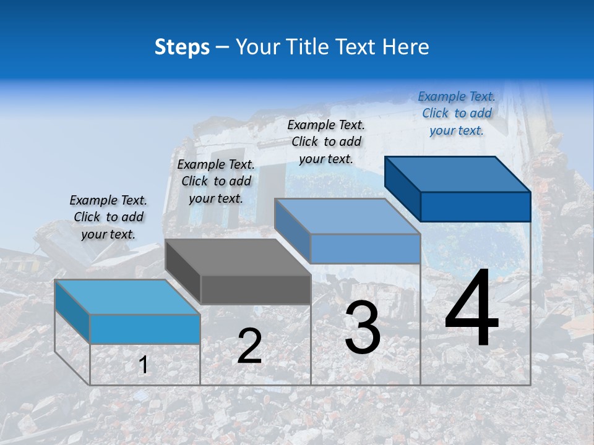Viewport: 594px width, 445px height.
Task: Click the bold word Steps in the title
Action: tap(182, 47)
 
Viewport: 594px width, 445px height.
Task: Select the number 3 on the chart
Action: tap(362, 328)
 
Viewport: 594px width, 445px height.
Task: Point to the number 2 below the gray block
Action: tap(249, 347)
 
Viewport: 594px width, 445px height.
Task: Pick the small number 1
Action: tap(143, 365)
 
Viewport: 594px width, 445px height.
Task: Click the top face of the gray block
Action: tap(238, 256)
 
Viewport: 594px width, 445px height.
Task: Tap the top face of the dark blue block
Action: tap(457, 174)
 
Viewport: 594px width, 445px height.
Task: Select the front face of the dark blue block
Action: tap(475, 206)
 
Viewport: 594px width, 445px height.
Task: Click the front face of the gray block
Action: tap(256, 289)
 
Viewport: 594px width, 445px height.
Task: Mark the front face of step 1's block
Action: tap(145, 329)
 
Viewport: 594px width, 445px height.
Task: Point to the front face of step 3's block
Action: tap(365, 248)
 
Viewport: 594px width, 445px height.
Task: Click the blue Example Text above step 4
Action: tap(457, 114)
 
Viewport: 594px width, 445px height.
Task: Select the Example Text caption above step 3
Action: tap(326, 142)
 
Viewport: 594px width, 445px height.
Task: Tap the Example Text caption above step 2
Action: tap(216, 181)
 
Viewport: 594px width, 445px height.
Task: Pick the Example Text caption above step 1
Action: tap(108, 217)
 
